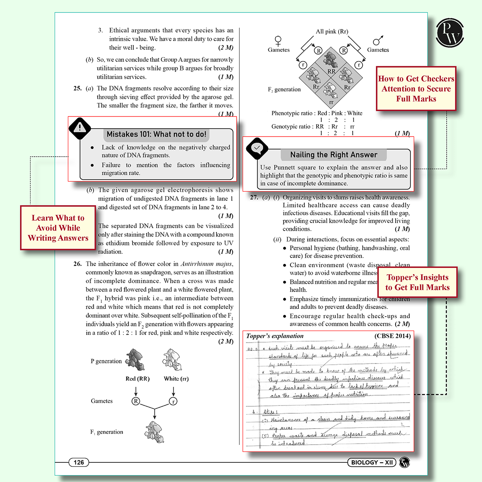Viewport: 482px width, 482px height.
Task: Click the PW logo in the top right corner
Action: tap(450, 33)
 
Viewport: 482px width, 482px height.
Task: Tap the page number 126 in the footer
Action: tap(79, 462)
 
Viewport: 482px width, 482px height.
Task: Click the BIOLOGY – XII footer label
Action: tap(372, 462)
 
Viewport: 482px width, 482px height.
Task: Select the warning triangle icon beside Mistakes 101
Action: tap(80, 128)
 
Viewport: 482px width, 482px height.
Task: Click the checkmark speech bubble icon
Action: tap(257, 148)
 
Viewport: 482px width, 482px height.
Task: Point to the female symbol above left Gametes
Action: tap(278, 41)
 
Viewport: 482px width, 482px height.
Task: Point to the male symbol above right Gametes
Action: tap(378, 41)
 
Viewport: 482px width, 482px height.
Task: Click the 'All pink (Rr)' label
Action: tap(332, 31)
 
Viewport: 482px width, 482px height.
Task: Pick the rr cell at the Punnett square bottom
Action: tap(331, 93)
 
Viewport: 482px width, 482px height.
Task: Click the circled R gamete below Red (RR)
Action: tap(136, 401)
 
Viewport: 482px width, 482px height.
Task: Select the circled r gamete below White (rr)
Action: tap(173, 401)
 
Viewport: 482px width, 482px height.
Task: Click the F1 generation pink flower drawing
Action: tap(154, 432)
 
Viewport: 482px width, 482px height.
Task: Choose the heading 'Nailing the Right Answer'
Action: tap(333, 155)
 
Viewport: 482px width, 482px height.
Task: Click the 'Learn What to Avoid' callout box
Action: tap(58, 228)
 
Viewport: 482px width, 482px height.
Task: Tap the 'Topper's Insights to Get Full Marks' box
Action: tap(417, 282)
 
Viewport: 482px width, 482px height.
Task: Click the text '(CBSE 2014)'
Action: tap(392, 336)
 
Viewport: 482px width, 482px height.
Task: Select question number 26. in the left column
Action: tap(78, 264)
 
